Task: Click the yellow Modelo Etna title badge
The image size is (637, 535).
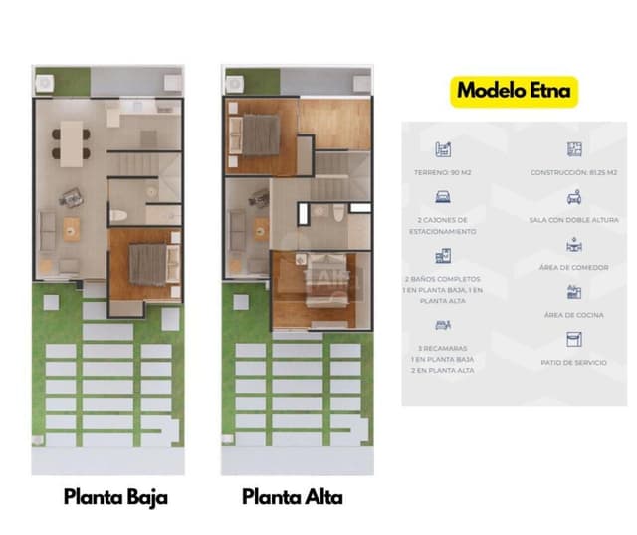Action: tap(515, 91)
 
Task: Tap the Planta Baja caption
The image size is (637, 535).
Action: tap(115, 496)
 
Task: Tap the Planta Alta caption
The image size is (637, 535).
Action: tap(293, 496)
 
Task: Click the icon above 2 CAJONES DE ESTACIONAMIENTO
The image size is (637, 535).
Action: tap(441, 197)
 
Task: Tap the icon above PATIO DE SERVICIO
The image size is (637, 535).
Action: tap(573, 339)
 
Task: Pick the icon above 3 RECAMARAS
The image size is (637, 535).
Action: tap(441, 325)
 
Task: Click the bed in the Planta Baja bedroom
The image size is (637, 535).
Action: tap(149, 263)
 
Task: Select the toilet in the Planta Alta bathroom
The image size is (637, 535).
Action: tap(337, 213)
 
